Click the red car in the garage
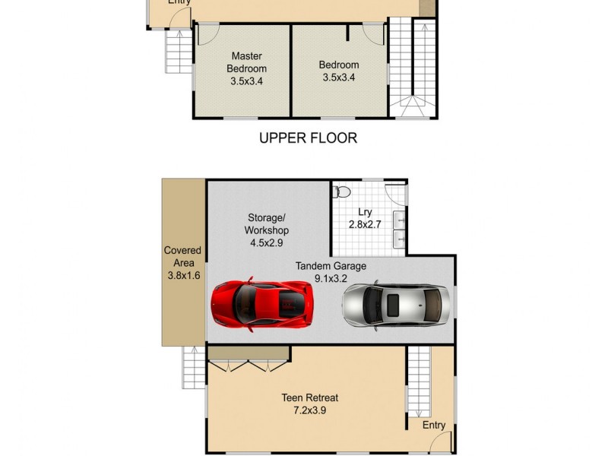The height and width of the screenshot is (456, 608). click(x=262, y=304)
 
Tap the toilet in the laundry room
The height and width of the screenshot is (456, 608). click(x=341, y=192)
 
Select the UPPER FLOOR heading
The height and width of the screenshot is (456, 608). click(x=308, y=138)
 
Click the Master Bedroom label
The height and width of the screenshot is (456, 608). click(x=246, y=62)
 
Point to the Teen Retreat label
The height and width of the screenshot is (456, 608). click(x=310, y=397)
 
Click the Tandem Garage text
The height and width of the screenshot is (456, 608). click(x=331, y=266)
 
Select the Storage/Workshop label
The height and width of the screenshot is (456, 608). click(x=267, y=223)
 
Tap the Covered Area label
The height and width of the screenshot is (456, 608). click(x=182, y=256)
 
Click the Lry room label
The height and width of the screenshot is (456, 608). click(x=365, y=212)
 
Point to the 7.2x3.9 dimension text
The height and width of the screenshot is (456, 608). click(x=310, y=410)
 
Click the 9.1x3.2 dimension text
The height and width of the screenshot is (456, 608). click(x=331, y=278)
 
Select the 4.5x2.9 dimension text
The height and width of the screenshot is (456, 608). click(x=267, y=242)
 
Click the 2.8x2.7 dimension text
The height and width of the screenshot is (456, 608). click(x=365, y=224)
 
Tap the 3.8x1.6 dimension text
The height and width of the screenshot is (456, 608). click(x=184, y=275)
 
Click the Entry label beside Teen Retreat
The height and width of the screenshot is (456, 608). click(x=433, y=425)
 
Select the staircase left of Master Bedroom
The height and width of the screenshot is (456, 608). click(x=179, y=52)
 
